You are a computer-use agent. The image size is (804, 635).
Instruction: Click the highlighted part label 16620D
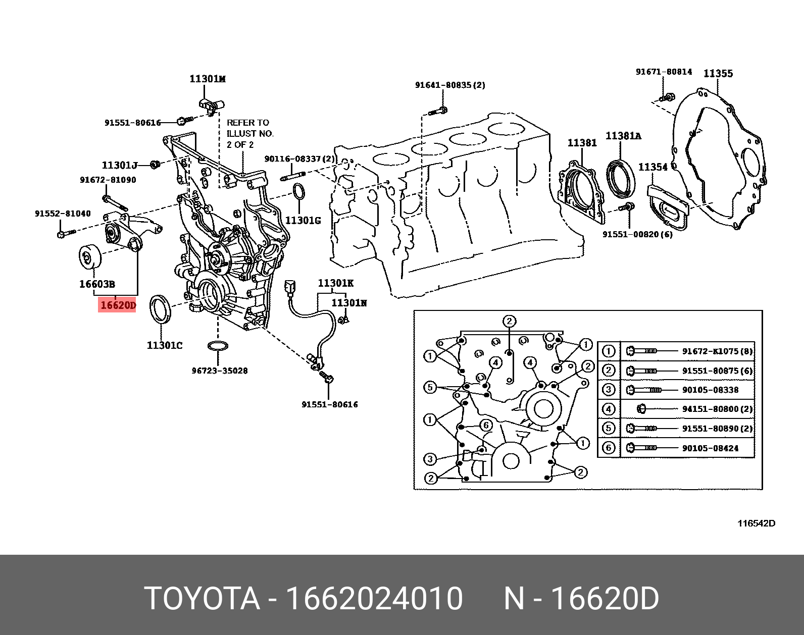click(118, 305)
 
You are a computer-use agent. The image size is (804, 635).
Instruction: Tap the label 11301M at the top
click(207, 79)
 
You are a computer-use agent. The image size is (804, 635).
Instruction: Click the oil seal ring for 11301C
click(161, 308)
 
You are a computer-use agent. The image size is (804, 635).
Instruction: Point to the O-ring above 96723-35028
click(218, 346)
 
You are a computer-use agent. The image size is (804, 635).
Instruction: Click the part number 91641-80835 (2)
click(449, 85)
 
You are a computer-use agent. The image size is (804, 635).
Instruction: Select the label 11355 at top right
click(718, 74)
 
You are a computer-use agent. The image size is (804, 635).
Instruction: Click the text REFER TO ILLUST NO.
click(249, 133)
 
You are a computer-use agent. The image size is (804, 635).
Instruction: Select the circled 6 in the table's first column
click(609, 448)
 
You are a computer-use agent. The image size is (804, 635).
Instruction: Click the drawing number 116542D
click(756, 523)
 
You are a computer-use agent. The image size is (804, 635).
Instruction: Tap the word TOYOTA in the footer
click(202, 599)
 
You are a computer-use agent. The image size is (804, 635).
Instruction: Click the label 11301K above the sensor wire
click(335, 283)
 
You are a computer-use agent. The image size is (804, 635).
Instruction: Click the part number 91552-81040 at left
click(63, 214)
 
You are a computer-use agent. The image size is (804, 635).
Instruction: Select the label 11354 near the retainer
click(652, 167)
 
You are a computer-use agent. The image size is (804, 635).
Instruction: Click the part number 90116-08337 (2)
click(299, 159)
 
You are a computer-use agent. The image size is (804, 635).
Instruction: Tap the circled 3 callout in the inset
click(430, 459)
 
